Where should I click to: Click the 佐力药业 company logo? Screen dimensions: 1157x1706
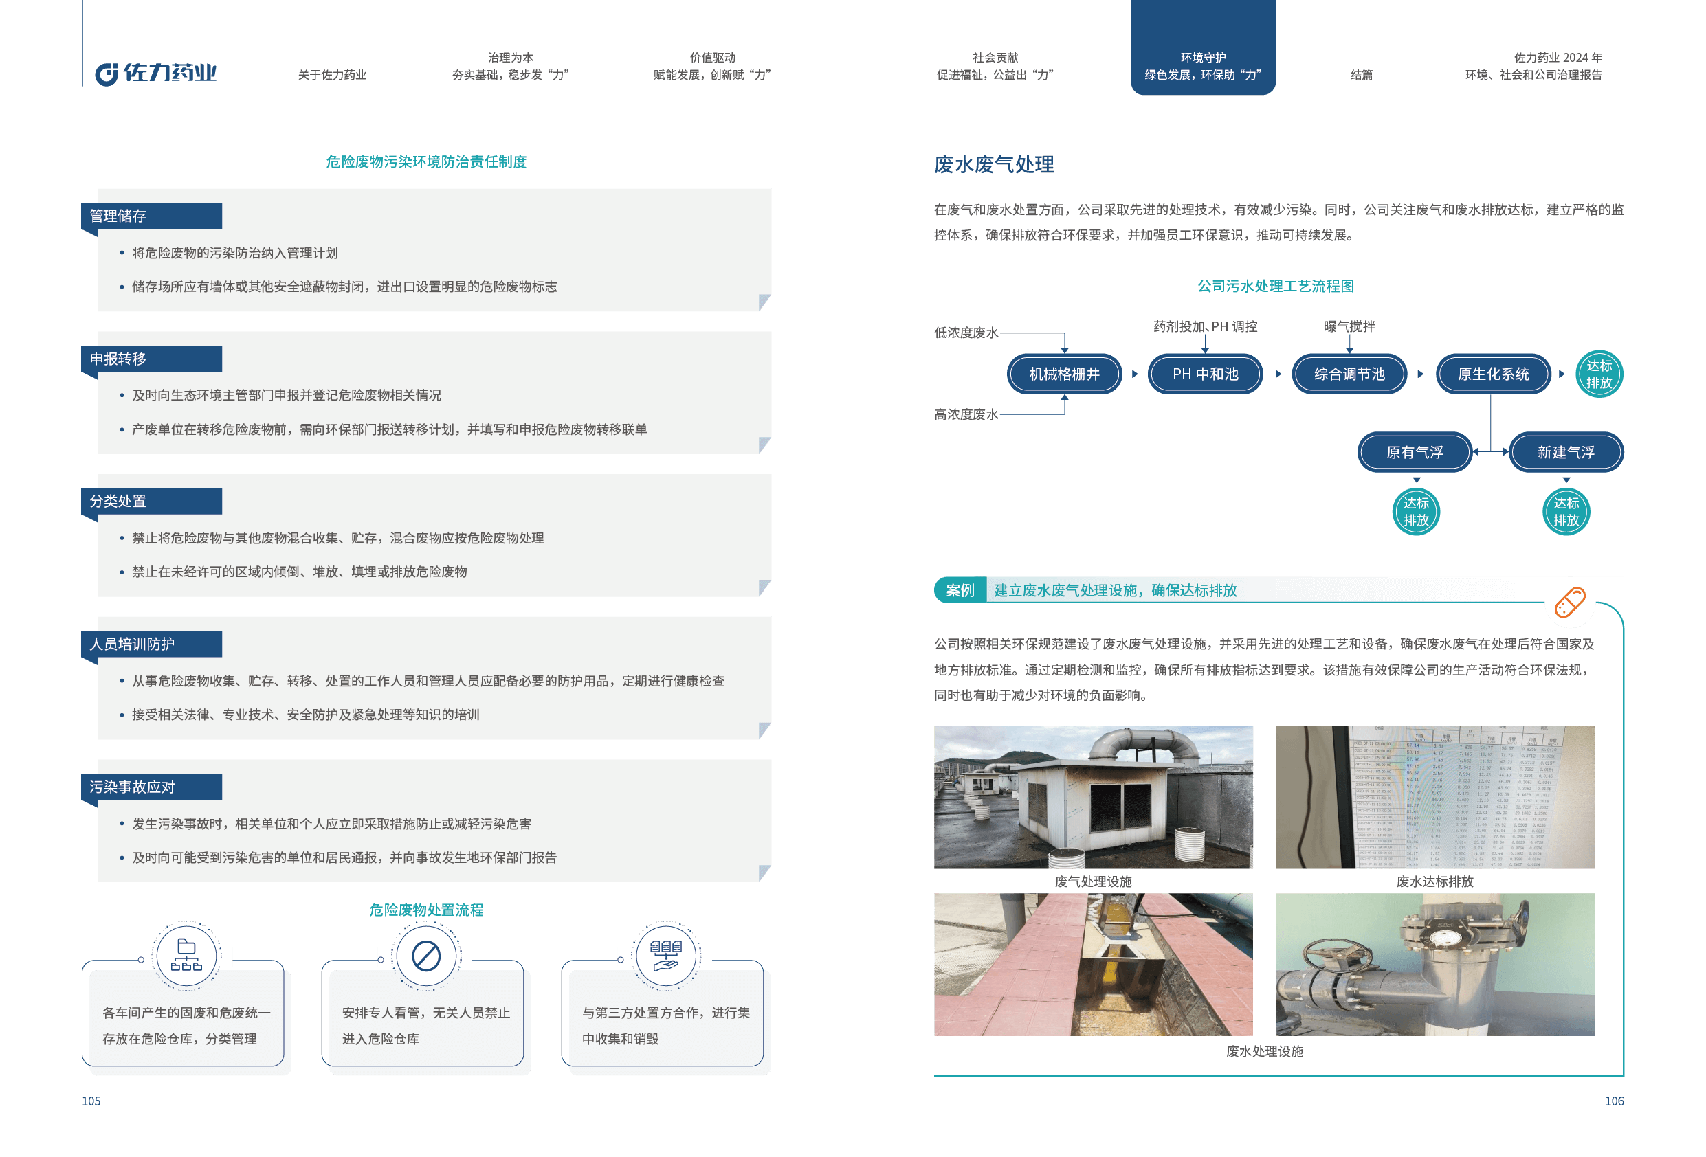(155, 73)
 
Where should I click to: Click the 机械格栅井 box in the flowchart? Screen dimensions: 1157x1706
(1064, 374)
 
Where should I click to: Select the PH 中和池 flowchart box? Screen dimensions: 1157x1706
(1205, 374)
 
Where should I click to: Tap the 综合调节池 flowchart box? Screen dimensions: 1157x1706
(1349, 374)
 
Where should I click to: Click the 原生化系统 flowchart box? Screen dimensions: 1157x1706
(1492, 374)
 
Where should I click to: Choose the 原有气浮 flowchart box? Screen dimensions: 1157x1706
(1414, 453)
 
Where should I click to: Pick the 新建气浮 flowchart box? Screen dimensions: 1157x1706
(1565, 453)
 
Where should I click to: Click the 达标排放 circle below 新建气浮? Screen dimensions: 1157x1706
(1565, 512)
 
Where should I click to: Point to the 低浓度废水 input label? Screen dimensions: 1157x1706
(965, 333)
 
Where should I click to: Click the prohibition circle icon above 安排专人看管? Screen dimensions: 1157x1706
(425, 956)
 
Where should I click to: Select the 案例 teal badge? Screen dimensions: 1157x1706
(960, 591)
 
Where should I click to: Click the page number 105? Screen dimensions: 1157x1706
(91, 1101)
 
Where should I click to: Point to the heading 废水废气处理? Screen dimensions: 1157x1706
(993, 164)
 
